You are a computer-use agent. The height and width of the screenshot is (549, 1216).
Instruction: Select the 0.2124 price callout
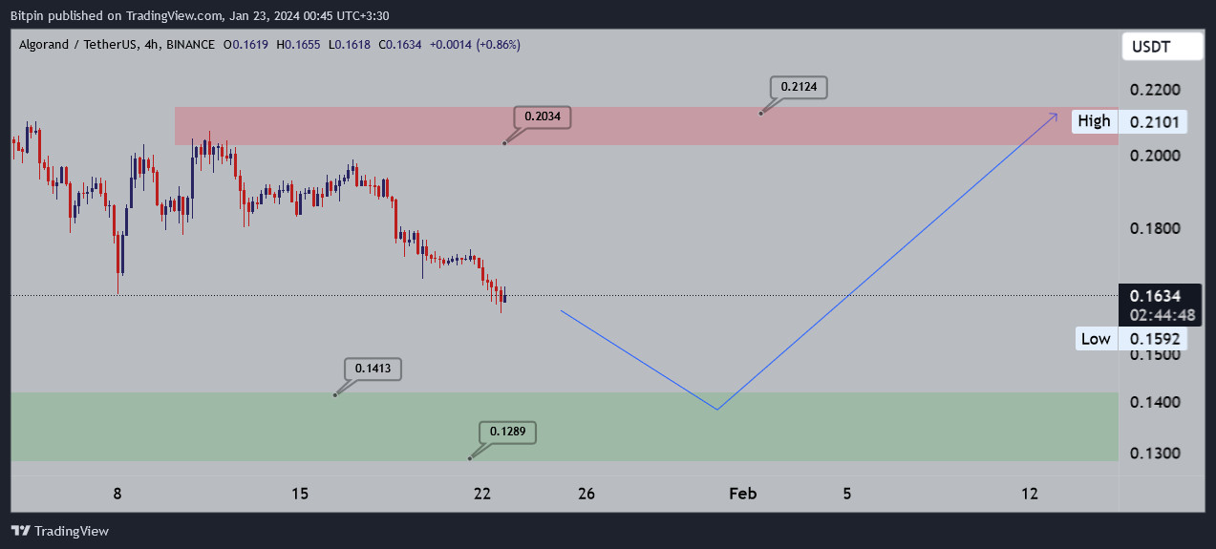point(798,87)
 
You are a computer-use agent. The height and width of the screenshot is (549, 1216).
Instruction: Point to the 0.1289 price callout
point(506,433)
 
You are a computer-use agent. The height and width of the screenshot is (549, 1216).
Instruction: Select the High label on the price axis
point(1094,121)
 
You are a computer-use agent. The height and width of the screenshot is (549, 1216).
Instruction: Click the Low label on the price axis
point(1095,339)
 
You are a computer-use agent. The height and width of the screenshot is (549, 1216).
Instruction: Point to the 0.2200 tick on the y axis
point(1155,90)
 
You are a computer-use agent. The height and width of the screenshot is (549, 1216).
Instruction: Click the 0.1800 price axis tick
point(1155,229)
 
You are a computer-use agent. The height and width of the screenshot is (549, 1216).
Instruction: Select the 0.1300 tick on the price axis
point(1155,454)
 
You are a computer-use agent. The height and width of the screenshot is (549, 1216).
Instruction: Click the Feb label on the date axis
point(743,494)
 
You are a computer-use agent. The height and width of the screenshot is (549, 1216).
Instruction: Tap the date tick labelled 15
point(300,494)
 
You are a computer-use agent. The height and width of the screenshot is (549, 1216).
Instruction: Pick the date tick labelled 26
point(587,494)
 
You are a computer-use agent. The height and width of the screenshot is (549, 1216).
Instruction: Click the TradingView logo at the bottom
point(59,531)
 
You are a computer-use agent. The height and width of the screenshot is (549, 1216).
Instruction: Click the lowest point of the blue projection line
point(716,410)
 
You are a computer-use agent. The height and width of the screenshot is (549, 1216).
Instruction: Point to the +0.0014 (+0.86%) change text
point(475,45)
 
